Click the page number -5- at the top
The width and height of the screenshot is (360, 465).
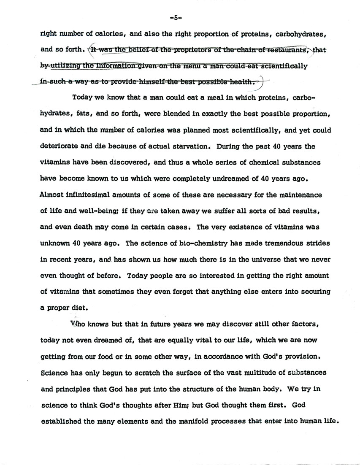pyautogui.click(x=175, y=18)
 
